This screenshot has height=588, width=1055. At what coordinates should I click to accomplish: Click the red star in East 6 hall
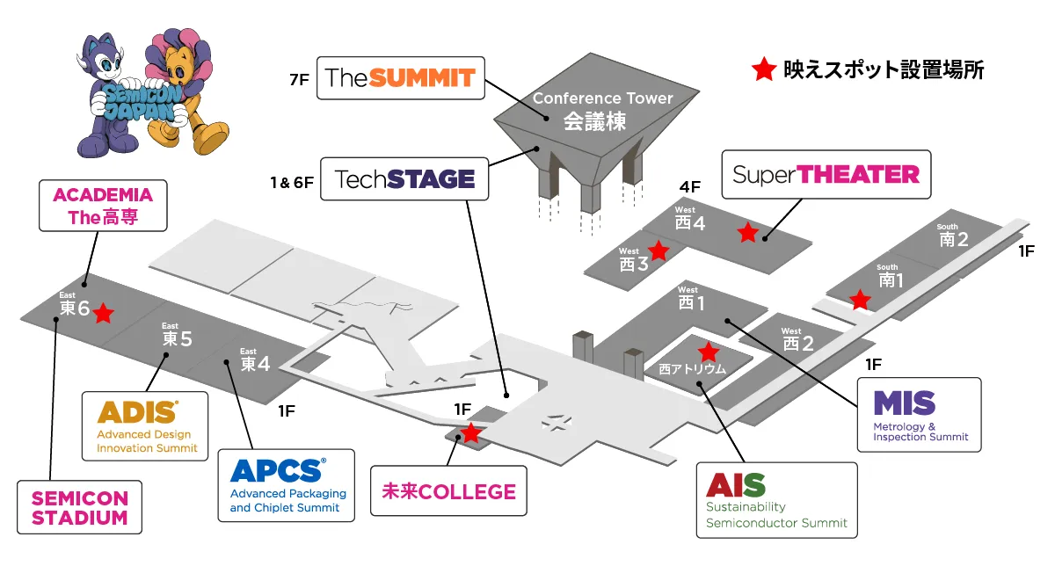tap(103, 313)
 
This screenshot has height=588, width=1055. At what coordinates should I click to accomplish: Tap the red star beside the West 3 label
tap(658, 250)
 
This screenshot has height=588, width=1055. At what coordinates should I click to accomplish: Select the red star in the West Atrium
tap(708, 352)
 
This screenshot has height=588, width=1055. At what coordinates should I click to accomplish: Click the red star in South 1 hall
tap(860, 300)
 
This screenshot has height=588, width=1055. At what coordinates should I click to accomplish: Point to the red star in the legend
tap(763, 69)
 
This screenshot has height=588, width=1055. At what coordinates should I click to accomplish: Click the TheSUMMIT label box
tap(401, 78)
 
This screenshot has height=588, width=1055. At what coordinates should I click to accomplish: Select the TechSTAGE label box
tap(404, 179)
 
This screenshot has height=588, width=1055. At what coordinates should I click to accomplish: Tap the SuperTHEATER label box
tap(826, 175)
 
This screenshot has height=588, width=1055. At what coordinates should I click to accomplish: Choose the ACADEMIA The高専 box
tap(103, 206)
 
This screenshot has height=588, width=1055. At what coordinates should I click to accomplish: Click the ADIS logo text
tap(137, 412)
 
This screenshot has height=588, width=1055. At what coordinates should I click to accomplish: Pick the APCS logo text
tap(278, 470)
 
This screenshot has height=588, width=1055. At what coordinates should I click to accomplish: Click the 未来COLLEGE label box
tap(448, 491)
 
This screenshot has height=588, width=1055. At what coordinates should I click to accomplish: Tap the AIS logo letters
tap(736, 485)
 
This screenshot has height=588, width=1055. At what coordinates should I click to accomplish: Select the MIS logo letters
tap(905, 403)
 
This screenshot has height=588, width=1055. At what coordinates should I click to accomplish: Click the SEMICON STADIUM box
tap(80, 507)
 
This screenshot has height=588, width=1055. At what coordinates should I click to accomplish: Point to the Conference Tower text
tap(603, 98)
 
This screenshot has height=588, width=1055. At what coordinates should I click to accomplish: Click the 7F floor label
tap(300, 80)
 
